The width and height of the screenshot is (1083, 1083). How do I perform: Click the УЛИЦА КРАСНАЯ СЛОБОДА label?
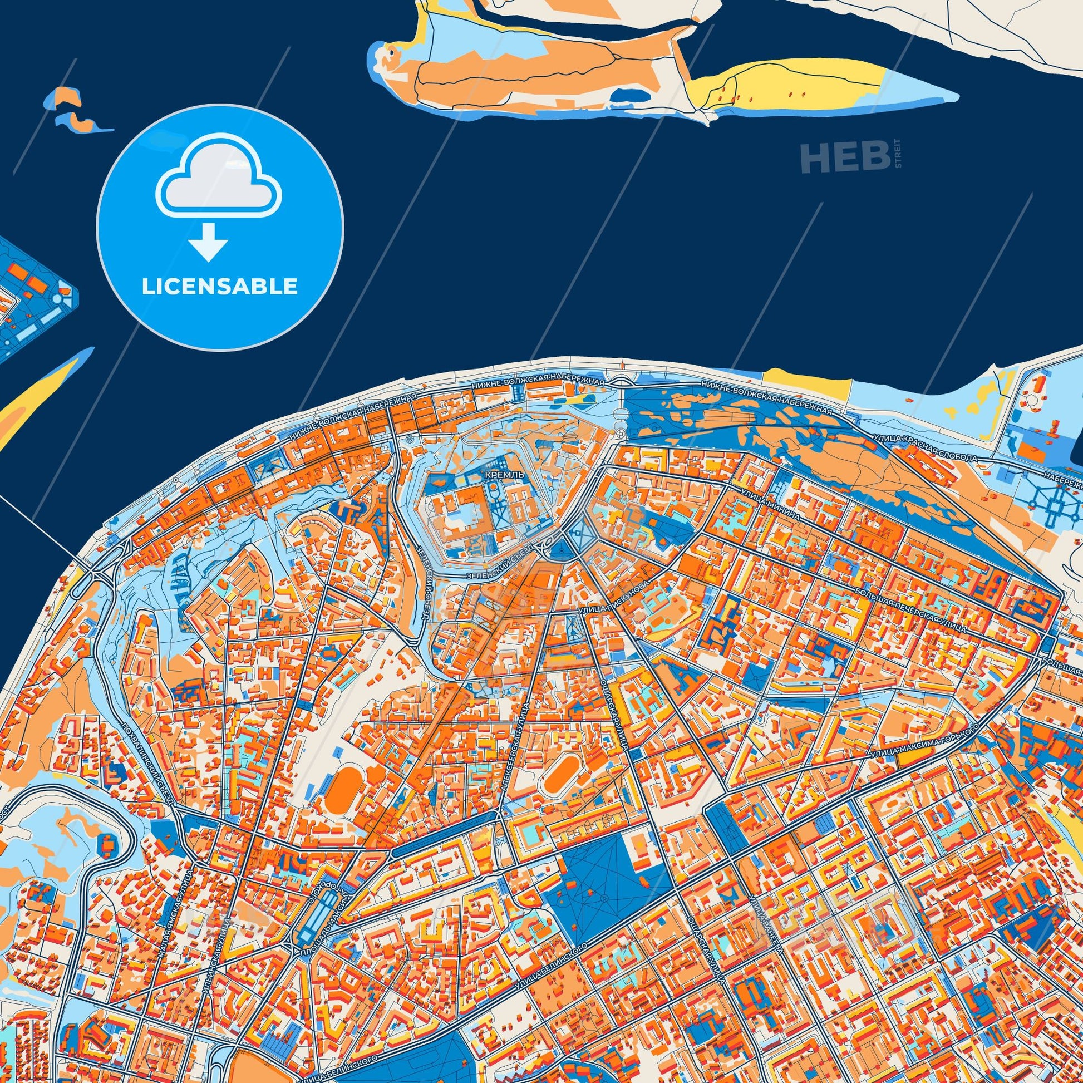point(925,446)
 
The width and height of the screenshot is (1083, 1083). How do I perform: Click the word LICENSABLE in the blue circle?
point(219,287)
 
